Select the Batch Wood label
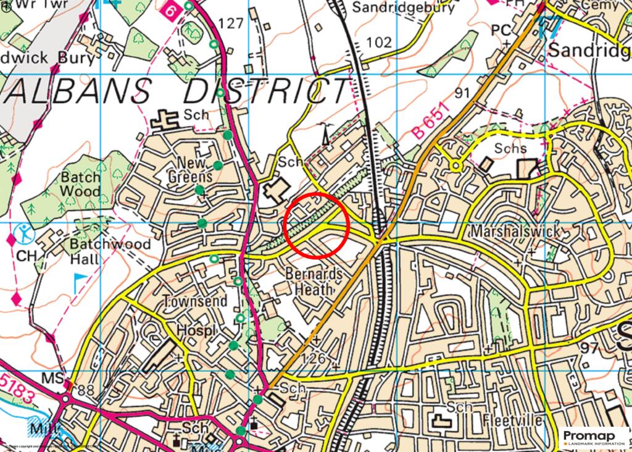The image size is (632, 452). click(x=80, y=184)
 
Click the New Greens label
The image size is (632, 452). click(x=190, y=169)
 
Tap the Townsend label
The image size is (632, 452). click(x=194, y=301)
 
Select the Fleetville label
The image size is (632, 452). click(x=513, y=421)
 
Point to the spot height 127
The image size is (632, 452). click(x=231, y=23)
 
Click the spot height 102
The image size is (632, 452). click(x=378, y=42)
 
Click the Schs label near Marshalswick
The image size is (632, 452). click(x=510, y=148)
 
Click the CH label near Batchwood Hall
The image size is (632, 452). click(x=26, y=255)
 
